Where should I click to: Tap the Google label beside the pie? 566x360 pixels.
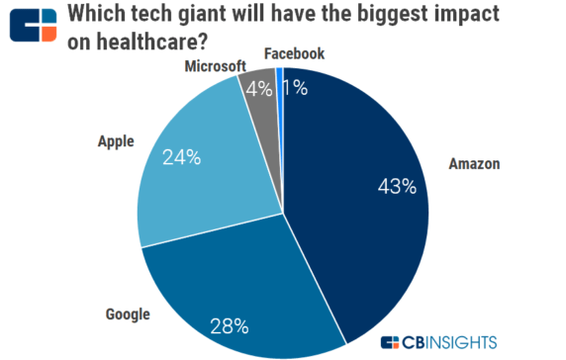[127, 315]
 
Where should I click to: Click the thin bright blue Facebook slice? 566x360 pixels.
[280, 79]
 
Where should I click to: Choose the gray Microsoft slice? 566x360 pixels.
[261, 99]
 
